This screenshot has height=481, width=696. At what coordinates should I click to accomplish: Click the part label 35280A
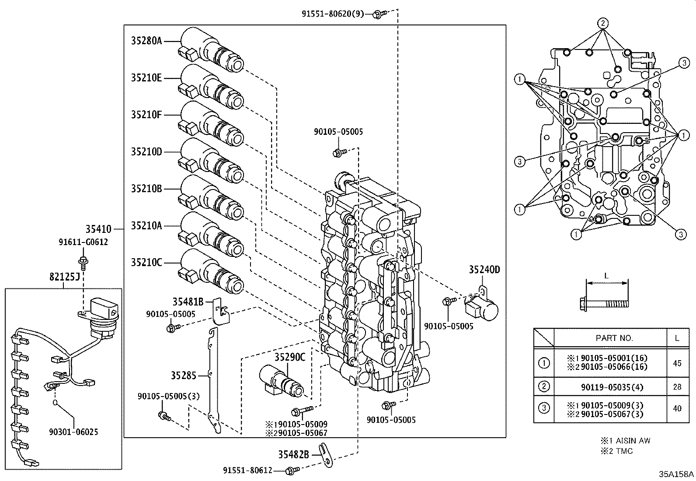(x=146, y=41)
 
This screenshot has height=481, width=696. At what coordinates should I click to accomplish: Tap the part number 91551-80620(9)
(x=332, y=14)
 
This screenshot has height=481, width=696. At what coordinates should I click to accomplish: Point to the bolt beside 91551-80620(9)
(x=378, y=14)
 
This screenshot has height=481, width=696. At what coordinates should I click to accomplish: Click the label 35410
(x=98, y=228)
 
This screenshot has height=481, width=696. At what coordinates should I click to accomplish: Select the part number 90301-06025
(x=73, y=432)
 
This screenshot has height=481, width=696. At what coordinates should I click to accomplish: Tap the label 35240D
(x=484, y=270)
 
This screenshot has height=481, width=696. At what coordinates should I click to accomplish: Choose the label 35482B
(x=293, y=455)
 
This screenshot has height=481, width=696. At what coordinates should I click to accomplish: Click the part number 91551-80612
(x=247, y=470)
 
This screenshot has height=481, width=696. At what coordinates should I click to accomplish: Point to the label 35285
(x=184, y=375)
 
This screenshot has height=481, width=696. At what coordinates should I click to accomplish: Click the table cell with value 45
(x=677, y=363)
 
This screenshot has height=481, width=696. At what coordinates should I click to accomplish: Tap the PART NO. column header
(x=614, y=338)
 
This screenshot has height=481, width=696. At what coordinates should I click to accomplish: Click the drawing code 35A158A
(x=676, y=474)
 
